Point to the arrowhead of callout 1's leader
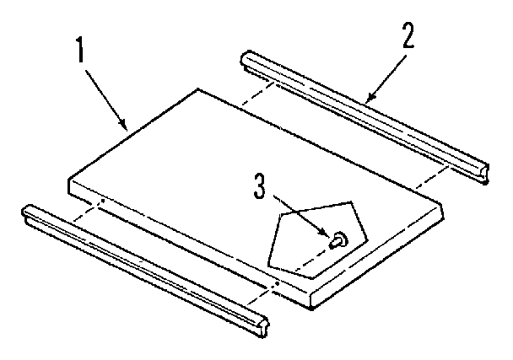point(127,129)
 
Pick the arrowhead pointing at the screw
point(328,234)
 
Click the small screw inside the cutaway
point(338,241)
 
